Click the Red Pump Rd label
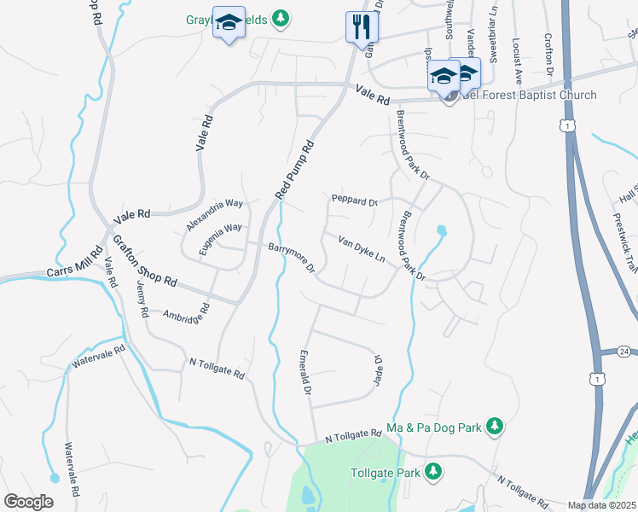[x=296, y=170]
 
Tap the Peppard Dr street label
[x=354, y=201]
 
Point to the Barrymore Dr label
[x=293, y=259]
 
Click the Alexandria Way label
[x=215, y=215]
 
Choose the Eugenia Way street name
[x=216, y=236]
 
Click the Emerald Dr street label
[x=304, y=372]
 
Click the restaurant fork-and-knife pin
[x=360, y=26]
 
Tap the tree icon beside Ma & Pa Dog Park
[x=494, y=425]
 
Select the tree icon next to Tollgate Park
[x=433, y=471]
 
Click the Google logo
[x=28, y=502]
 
